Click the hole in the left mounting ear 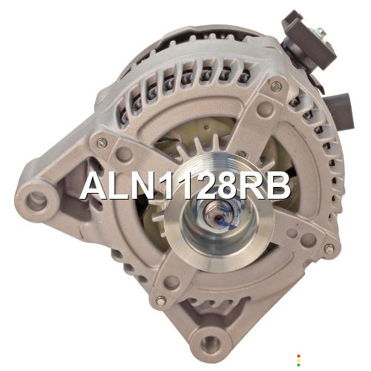36,203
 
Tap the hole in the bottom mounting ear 210,344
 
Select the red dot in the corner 298,356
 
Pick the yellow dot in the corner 298,361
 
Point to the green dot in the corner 298,365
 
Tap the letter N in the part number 144,185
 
